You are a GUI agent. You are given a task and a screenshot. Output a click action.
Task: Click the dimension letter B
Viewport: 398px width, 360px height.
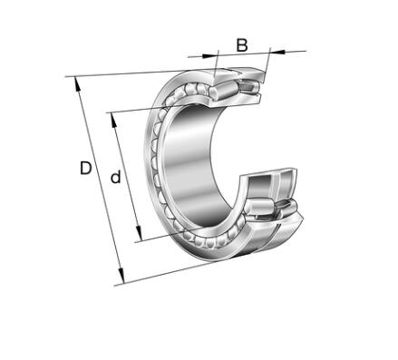(x=242, y=45)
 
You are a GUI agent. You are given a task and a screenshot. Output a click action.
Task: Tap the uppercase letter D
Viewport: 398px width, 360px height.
(x=86, y=168)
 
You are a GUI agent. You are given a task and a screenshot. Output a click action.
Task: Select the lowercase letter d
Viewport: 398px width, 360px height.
(x=115, y=177)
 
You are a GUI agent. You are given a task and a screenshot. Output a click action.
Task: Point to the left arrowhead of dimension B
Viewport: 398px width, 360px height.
(x=209, y=55)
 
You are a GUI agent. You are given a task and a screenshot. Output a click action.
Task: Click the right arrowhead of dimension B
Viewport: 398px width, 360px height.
(x=277, y=52)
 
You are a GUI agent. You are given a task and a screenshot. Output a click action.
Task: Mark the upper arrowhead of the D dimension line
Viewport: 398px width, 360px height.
(x=77, y=83)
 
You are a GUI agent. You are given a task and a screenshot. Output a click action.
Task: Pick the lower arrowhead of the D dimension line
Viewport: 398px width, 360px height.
(x=121, y=277)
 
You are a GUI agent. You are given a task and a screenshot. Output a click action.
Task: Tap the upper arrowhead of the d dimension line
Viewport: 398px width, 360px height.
(x=113, y=120)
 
